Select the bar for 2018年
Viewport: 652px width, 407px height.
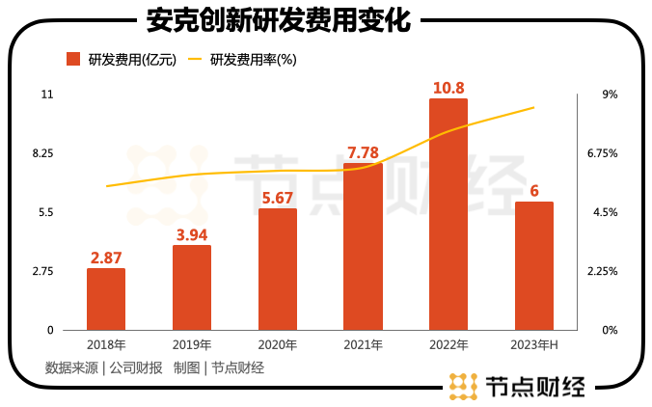pos(106,299)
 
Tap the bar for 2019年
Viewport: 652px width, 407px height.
pos(192,287)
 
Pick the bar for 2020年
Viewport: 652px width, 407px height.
pos(278,269)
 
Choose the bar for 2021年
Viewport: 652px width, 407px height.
pos(363,247)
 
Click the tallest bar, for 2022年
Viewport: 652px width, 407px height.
pos(448,214)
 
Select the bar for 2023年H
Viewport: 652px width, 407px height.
pos(534,265)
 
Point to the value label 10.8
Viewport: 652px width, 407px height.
pos(448,88)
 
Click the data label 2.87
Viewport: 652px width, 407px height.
pos(106,258)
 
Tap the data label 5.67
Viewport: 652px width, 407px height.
pos(278,198)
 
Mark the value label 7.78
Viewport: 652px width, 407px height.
pos(363,152)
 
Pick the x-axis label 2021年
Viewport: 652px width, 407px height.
pos(363,344)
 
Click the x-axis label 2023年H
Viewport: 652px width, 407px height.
pos(534,344)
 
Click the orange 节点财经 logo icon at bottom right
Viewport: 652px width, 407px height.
pos(464,386)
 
